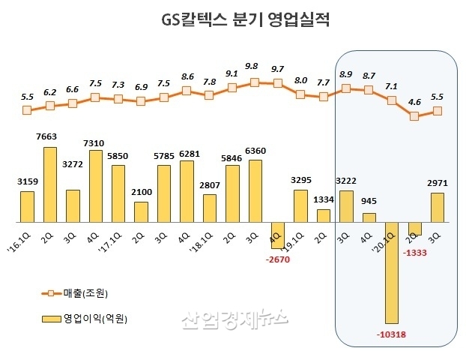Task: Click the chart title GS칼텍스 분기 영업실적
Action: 232,19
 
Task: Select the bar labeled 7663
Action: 50,185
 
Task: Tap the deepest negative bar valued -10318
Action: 392,273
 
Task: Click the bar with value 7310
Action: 96,187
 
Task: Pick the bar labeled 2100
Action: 141,212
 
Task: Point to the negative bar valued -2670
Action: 278,235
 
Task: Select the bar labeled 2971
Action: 438,208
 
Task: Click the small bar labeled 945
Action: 369,217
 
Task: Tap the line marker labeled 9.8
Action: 255,82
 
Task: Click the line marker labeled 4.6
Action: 414,116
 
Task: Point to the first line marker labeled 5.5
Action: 27,109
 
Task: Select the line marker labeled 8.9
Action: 346,88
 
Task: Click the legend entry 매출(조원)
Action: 81,292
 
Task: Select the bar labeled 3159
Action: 27,207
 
